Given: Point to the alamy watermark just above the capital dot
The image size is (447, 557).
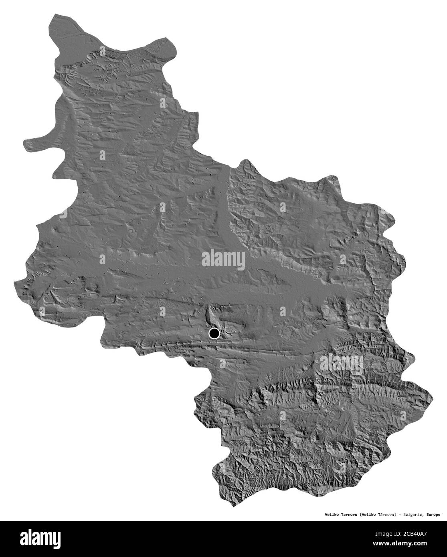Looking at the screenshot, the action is click(223, 259).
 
